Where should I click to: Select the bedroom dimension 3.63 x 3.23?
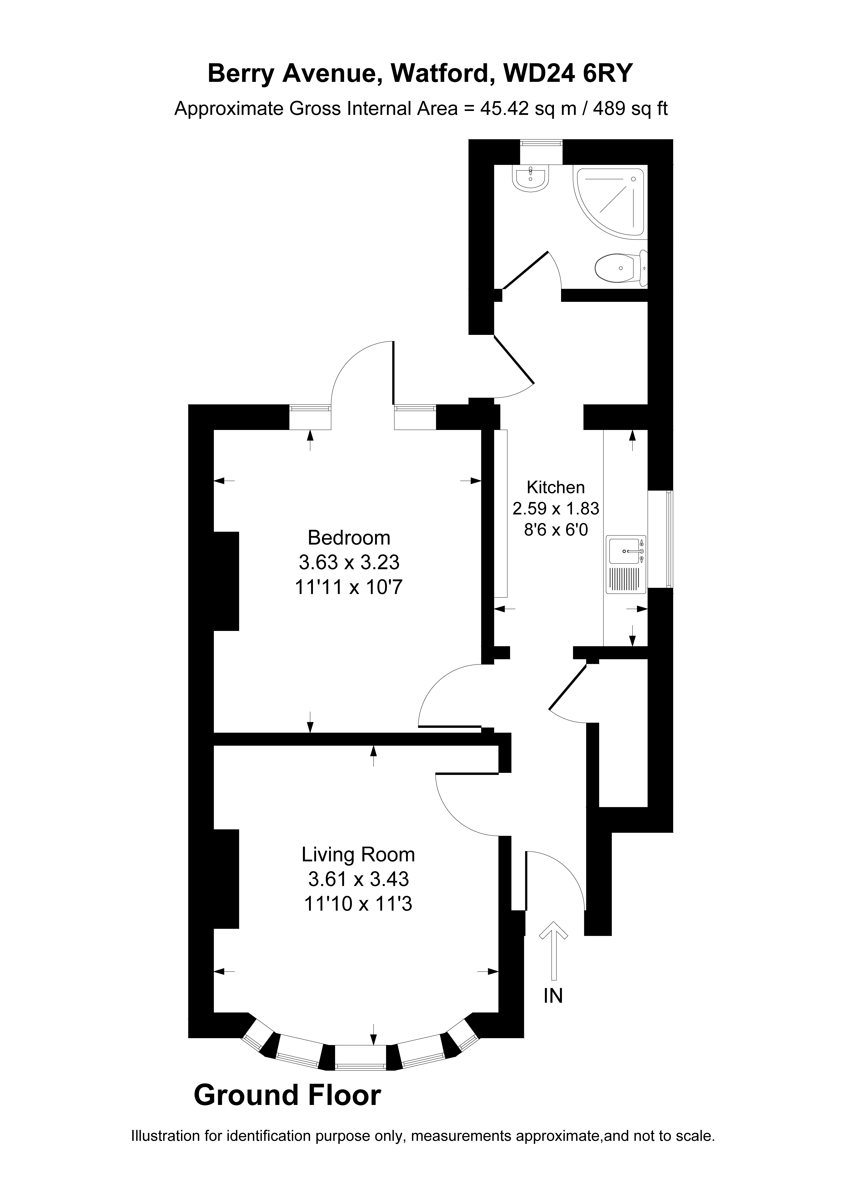[349, 562]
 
